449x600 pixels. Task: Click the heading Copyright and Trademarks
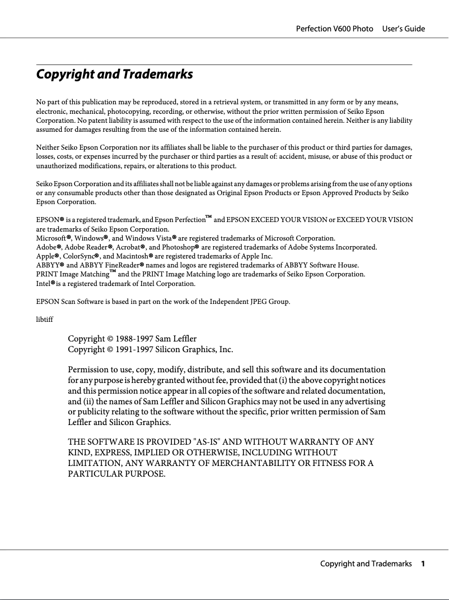click(x=114, y=74)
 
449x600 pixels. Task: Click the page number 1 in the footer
click(x=423, y=564)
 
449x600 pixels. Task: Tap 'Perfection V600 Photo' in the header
click(x=334, y=29)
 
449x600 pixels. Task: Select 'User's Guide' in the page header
click(x=404, y=29)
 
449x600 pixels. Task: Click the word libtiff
click(x=44, y=320)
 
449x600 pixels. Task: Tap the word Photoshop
click(x=182, y=247)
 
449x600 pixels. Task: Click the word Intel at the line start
click(x=43, y=283)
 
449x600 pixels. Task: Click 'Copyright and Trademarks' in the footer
click(x=366, y=564)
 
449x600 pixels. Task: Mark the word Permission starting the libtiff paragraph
click(x=88, y=370)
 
